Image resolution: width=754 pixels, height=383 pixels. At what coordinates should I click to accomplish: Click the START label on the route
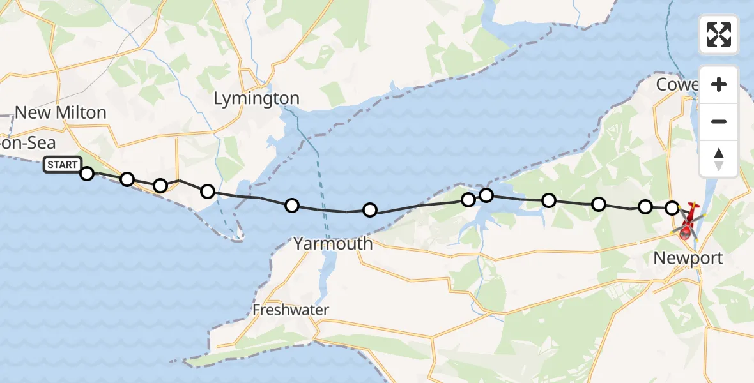point(63,165)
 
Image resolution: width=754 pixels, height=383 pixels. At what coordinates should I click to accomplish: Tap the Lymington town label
point(256,98)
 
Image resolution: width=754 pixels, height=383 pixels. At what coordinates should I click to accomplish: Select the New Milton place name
point(61,112)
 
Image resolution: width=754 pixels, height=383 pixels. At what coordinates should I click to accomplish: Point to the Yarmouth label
point(333,243)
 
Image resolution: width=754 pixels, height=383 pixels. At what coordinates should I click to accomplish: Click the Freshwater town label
point(291,310)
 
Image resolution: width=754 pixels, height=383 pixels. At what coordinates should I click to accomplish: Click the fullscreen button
point(719,34)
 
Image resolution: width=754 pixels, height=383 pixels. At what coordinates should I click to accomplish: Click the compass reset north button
point(719,159)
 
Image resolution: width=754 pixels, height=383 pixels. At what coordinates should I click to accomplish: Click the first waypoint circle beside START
point(87,173)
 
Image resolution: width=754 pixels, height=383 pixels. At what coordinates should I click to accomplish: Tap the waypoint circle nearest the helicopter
point(672,207)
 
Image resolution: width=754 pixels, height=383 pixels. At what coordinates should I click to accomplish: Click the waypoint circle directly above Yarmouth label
point(370,210)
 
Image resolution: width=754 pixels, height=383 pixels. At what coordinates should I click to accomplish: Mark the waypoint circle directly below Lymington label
point(292,206)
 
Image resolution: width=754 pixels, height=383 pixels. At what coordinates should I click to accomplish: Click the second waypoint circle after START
point(127,179)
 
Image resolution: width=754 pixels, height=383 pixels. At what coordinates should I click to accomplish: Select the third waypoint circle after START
point(160,186)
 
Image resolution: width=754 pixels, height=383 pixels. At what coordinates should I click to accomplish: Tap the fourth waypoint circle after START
point(208,191)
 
